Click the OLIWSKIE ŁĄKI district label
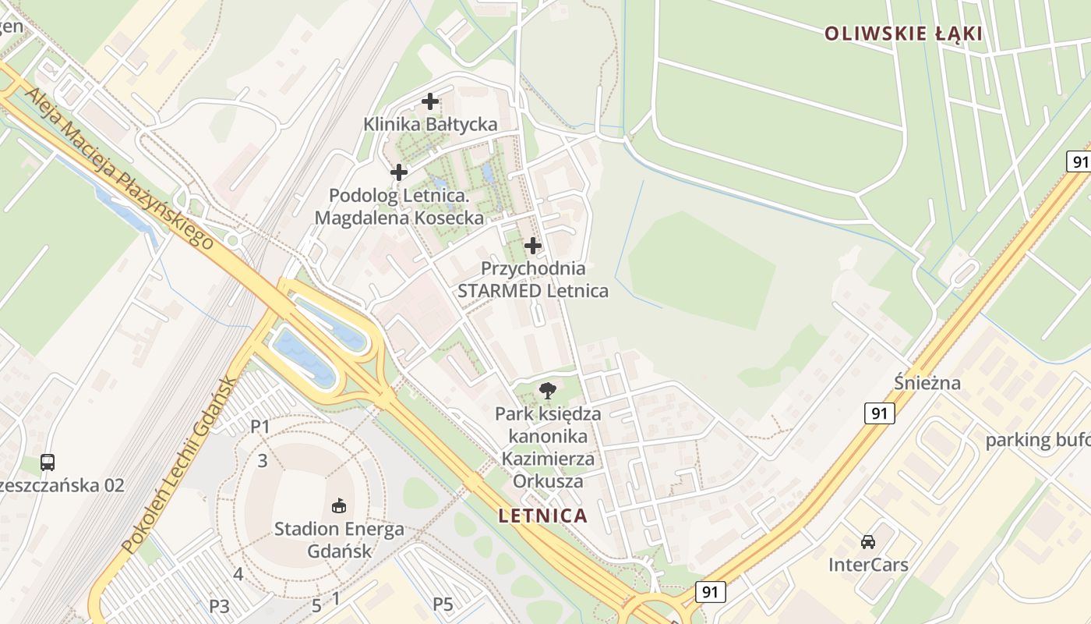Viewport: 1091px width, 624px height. (x=903, y=34)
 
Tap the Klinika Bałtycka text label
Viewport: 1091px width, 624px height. (x=430, y=125)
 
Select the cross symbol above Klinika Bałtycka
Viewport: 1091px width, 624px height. (x=430, y=101)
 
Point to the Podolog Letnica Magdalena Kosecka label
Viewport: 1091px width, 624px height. (x=399, y=207)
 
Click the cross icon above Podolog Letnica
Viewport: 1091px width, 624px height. (x=399, y=172)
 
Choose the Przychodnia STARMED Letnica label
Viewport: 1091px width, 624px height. (x=533, y=280)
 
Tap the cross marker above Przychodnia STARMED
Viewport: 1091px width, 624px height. (x=533, y=246)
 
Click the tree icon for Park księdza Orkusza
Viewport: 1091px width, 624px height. (x=548, y=390)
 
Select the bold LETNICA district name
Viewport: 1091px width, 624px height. (x=542, y=516)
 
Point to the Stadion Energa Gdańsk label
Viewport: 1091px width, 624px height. (x=339, y=540)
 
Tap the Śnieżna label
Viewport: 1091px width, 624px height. (x=927, y=383)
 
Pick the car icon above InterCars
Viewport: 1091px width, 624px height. (x=868, y=541)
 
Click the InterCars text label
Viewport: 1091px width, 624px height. (x=868, y=565)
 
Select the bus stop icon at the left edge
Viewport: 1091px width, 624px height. (x=48, y=463)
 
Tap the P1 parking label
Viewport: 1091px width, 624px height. (x=260, y=427)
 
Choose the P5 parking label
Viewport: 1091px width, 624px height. (x=443, y=604)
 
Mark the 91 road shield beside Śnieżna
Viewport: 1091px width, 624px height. (x=879, y=413)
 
